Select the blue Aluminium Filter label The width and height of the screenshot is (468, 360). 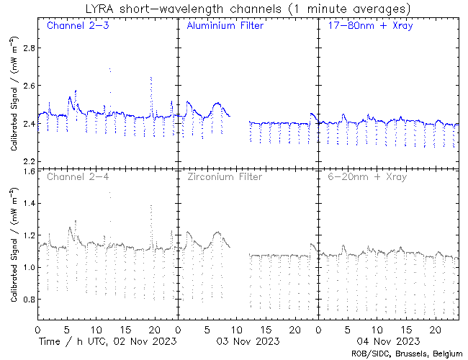(225, 26)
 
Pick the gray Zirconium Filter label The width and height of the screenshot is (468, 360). (223, 176)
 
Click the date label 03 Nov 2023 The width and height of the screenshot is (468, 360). (248, 341)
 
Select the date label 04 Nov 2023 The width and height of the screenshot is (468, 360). (387, 341)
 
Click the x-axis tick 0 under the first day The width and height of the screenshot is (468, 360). (37, 328)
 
